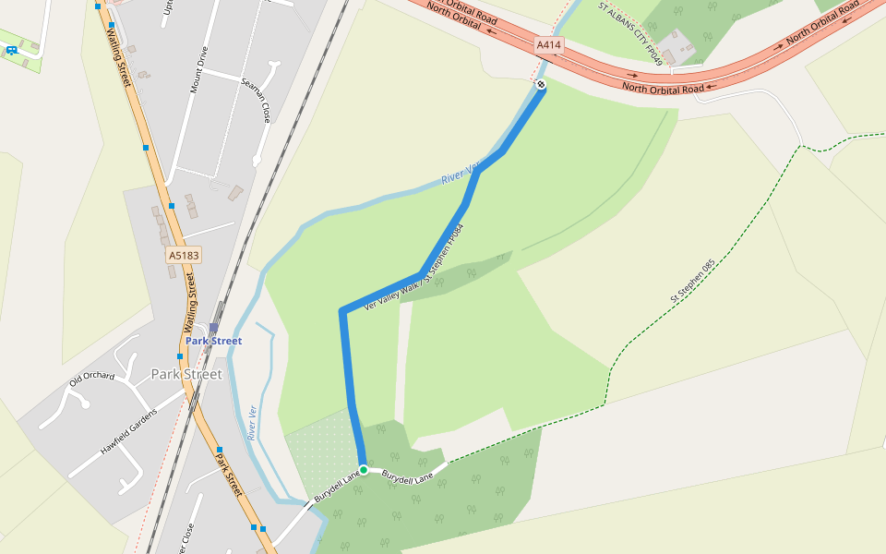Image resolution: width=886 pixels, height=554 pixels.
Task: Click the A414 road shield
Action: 548,44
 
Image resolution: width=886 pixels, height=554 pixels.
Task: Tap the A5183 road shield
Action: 184,254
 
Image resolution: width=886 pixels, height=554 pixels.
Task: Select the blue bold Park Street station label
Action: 213,341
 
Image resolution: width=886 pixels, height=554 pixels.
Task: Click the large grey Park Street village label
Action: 186,374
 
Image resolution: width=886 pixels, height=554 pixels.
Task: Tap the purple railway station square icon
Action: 214,327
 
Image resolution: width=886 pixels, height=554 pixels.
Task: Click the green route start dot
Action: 364,470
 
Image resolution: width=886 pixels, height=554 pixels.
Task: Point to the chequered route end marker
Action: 541,85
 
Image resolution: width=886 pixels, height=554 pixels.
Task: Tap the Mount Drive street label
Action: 195,73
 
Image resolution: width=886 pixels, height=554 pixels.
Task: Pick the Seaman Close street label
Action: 256,100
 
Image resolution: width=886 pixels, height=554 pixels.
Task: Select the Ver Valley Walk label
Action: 393,293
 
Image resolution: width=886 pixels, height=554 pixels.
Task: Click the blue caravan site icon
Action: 12,50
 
